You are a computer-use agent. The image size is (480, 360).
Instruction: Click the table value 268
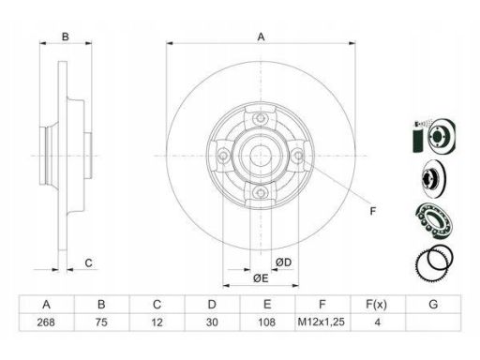[46, 322]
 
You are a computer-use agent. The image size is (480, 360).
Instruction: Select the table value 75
[101, 322]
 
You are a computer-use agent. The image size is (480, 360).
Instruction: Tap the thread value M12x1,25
[322, 322]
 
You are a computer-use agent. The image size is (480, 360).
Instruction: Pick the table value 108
[267, 322]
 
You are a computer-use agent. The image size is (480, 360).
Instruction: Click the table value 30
[212, 322]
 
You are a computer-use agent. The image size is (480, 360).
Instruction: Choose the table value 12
[157, 322]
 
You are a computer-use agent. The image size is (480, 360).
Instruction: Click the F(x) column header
[377, 304]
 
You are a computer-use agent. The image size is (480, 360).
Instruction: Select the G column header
[433, 304]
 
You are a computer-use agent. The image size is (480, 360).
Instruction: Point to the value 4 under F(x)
[378, 322]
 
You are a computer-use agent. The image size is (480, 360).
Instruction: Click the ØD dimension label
[284, 262]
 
